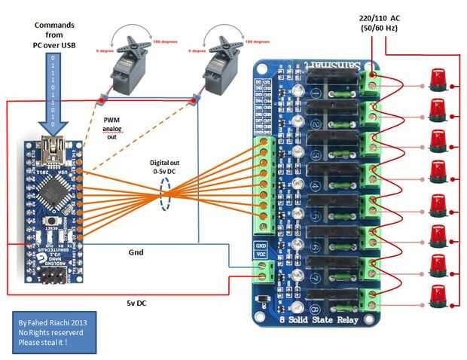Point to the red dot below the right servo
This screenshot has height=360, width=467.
point(195,99)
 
